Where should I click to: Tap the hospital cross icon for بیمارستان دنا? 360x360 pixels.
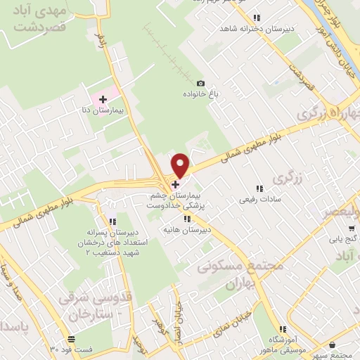pyautogui.click(x=103, y=100)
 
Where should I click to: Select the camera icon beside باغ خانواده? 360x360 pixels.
pyautogui.click(x=200, y=83)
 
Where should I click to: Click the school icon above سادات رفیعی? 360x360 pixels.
pyautogui.click(x=259, y=188)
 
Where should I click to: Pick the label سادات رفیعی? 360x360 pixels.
pyautogui.click(x=257, y=200)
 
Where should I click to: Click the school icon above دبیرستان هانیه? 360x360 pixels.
pyautogui.click(x=188, y=219)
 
